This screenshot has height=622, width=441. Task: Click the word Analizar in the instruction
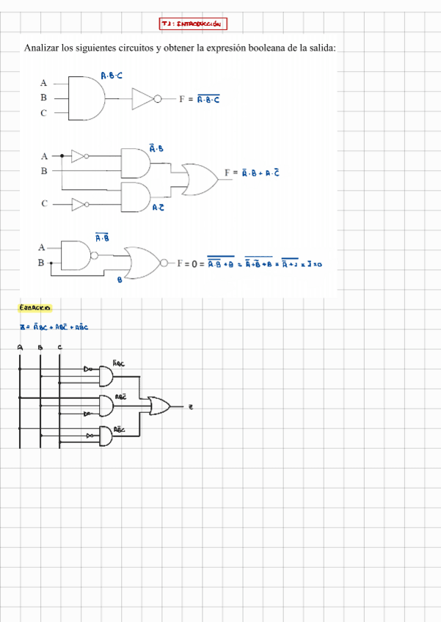pyautogui.click(x=42, y=48)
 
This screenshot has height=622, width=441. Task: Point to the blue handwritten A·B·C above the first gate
pyautogui.click(x=112, y=75)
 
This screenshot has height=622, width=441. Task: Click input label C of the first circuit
pyautogui.click(x=43, y=113)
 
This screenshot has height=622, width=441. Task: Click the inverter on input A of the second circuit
pyautogui.click(x=78, y=155)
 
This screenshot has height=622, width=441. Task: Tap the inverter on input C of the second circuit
pyautogui.click(x=79, y=203)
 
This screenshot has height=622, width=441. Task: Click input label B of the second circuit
pyautogui.click(x=43, y=170)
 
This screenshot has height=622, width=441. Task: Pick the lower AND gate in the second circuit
pyautogui.click(x=134, y=196)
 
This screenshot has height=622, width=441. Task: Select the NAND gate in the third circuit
pyautogui.click(x=76, y=253)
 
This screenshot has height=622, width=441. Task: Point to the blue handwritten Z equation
pyautogui.click(x=54, y=327)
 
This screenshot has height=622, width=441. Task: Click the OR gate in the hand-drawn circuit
pyautogui.click(x=158, y=406)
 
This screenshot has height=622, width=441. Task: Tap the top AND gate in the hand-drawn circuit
pyautogui.click(x=106, y=376)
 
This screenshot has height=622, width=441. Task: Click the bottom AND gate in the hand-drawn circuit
pyautogui.click(x=106, y=436)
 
